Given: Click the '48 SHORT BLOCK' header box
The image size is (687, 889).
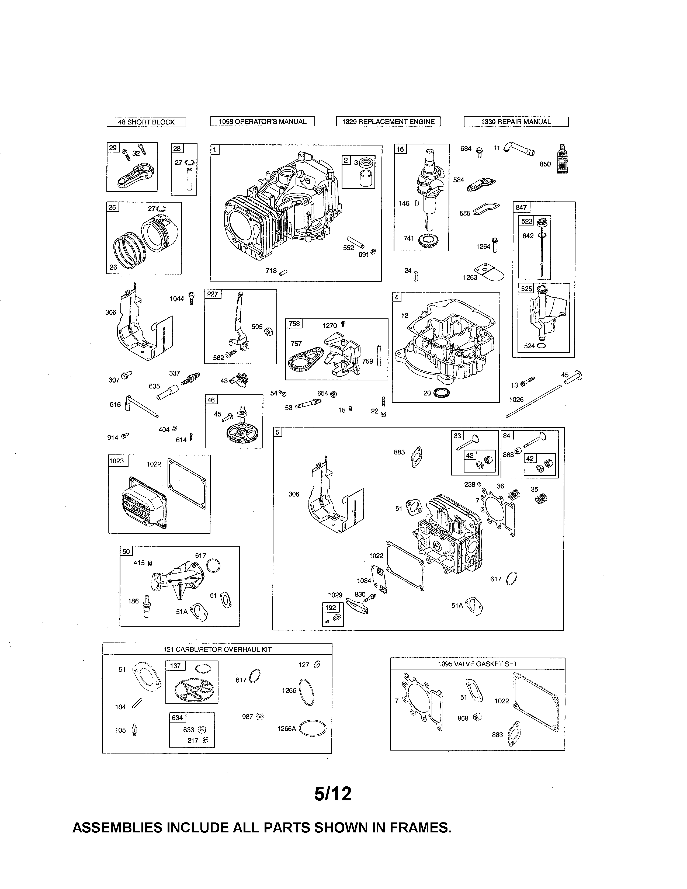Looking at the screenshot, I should click(x=146, y=122).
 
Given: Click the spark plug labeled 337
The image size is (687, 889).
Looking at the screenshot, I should click(x=190, y=378).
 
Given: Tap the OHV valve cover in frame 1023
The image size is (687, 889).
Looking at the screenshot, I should click(x=140, y=502).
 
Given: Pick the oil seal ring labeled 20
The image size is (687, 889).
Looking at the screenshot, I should click(x=441, y=393).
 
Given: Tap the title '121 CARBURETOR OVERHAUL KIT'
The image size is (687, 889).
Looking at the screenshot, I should click(x=217, y=649).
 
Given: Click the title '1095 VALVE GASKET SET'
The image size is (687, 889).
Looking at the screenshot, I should click(x=477, y=664).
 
